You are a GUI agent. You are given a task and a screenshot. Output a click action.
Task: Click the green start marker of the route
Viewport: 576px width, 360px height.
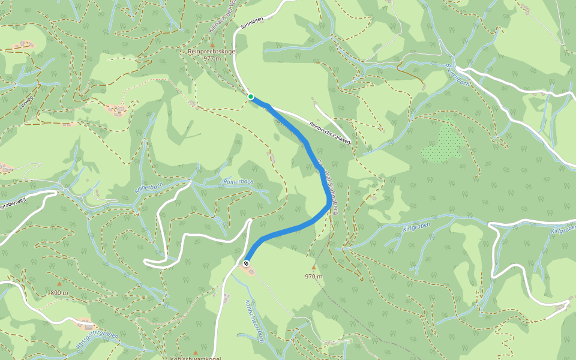pos(250,97)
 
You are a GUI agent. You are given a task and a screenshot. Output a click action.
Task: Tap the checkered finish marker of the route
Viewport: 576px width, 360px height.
pos(246,263)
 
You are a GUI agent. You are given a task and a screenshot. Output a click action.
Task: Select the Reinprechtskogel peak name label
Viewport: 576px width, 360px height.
pos(212,52)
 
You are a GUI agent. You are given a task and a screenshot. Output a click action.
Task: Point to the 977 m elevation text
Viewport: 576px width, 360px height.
pos(212,59)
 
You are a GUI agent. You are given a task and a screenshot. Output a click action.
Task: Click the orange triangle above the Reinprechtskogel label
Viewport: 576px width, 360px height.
pos(212,44)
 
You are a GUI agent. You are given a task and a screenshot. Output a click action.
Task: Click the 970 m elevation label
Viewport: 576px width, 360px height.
pos(313,277)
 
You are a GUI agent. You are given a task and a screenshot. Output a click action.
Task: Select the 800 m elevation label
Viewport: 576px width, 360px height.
pos(59,293)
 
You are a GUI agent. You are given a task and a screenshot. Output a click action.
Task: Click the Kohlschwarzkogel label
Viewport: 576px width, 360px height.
pos(196,358)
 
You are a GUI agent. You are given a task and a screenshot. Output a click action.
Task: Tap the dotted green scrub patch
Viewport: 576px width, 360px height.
pos(444,144)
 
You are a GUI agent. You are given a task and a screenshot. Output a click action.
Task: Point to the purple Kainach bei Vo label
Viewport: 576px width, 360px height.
pos(221,18)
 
